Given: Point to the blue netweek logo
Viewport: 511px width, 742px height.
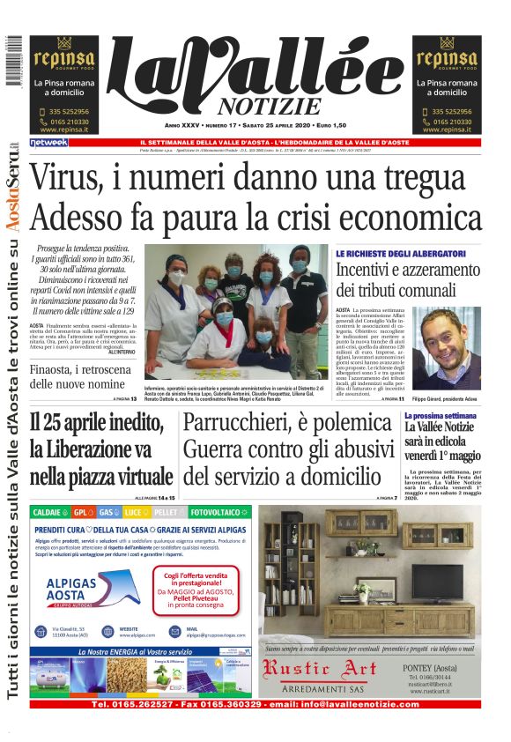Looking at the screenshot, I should tap(48, 142).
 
